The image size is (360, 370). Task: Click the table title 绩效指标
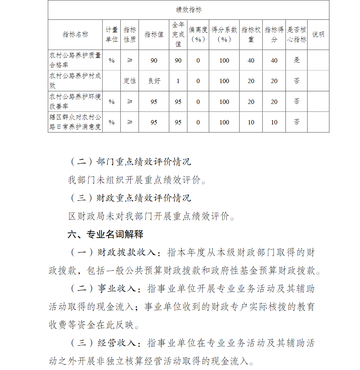point(188,10)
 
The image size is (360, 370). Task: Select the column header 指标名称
point(75,35)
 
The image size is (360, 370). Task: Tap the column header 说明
point(318,35)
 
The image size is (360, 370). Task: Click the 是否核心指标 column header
point(296,35)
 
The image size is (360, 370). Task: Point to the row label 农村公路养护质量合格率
point(75,60)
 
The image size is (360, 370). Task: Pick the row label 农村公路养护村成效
point(75,81)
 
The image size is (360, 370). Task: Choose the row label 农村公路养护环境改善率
point(75,101)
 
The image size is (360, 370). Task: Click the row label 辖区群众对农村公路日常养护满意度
point(75,122)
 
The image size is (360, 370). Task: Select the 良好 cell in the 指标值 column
point(154,81)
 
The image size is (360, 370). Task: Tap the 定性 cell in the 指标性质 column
point(130,81)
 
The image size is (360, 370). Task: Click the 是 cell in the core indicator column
point(296,60)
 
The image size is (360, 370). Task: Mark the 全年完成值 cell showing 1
point(178,81)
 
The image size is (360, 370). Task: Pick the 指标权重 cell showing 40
point(251,60)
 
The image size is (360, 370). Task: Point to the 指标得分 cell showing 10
point(274,122)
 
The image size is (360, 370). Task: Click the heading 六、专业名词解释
point(105,235)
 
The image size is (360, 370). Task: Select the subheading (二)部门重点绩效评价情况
point(130,162)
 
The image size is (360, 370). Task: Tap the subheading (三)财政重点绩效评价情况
point(130,198)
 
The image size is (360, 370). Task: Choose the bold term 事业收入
point(117,289)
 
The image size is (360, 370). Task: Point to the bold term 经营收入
point(117,343)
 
